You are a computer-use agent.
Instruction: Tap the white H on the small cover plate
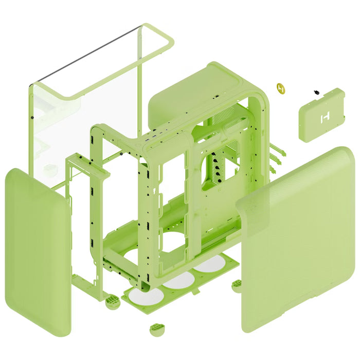point(325,118)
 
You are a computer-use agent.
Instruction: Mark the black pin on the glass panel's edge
point(32,118)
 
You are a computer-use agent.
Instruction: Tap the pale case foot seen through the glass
point(50,168)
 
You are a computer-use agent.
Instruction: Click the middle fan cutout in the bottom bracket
point(178,280)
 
